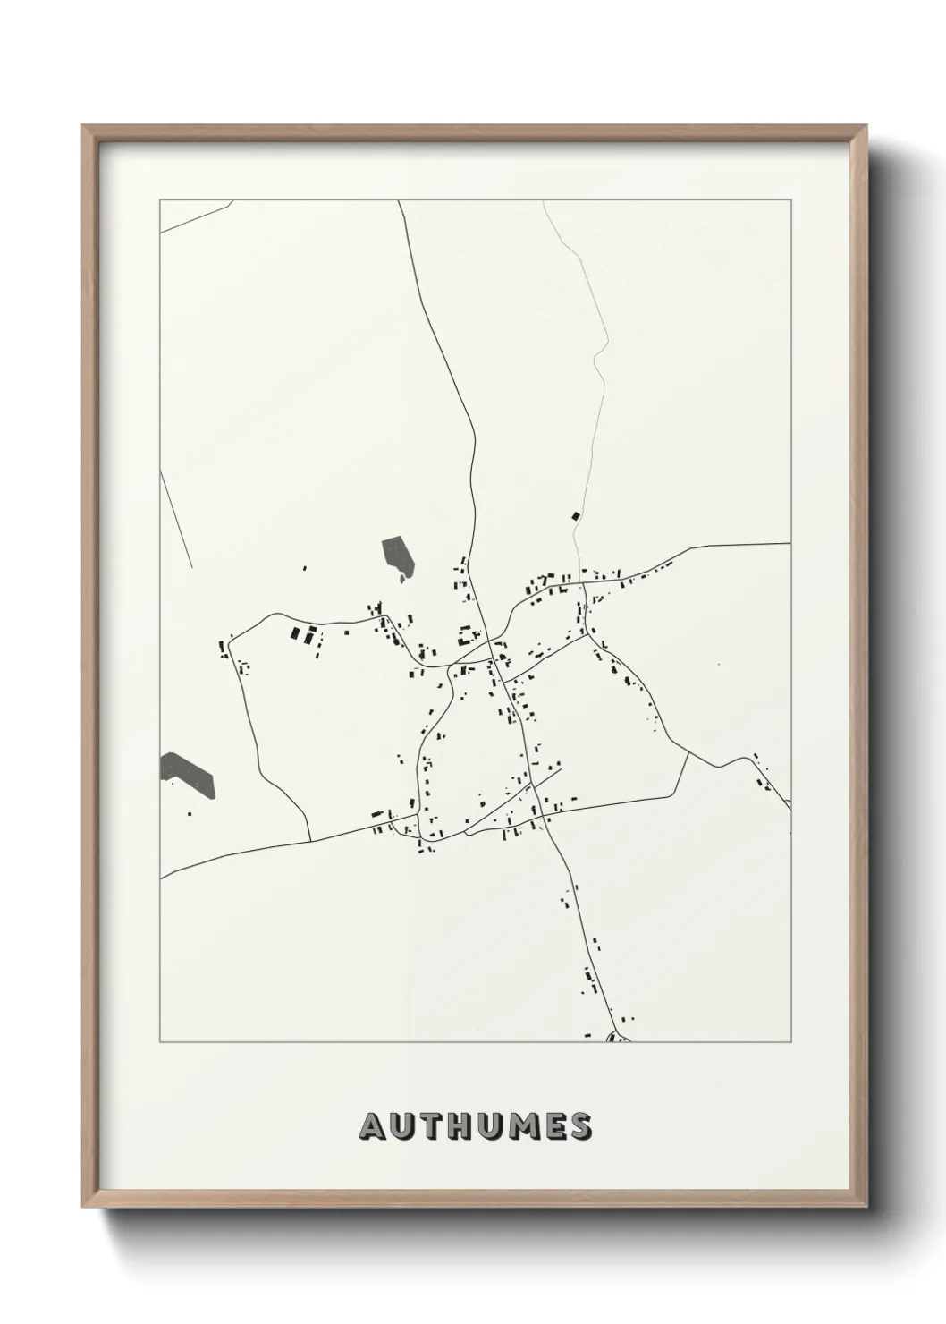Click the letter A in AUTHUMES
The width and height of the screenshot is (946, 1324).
[x=372, y=1127]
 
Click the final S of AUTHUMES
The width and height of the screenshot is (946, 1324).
[x=580, y=1127]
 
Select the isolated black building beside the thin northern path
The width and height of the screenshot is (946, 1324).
[x=575, y=515]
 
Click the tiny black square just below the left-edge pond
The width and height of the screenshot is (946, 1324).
[x=190, y=814]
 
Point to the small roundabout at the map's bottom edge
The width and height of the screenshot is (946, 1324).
[x=617, y=1039]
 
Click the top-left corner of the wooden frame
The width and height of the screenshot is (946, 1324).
[x=85, y=127]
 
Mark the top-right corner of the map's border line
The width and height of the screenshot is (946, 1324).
[x=790, y=200]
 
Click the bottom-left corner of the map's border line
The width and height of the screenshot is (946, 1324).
[x=160, y=1042]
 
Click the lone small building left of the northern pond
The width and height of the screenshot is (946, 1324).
[x=304, y=567]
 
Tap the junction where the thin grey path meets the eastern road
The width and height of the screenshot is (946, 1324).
[x=582, y=584]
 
